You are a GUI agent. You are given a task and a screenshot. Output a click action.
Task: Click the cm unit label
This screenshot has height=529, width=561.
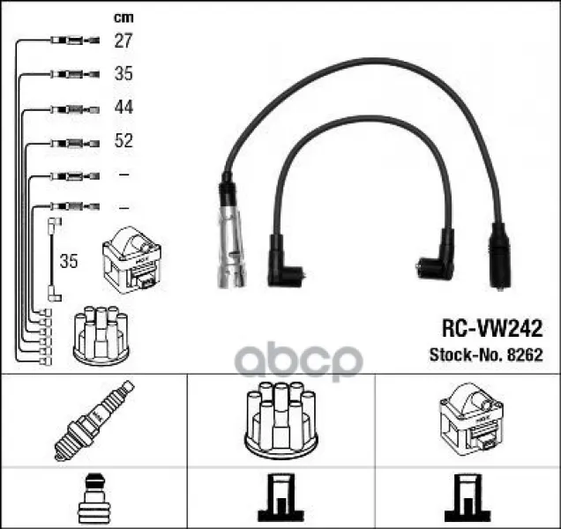123,18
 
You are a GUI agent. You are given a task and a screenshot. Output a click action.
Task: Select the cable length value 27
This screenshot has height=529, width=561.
123,41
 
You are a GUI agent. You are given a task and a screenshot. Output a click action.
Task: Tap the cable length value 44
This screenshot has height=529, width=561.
123,107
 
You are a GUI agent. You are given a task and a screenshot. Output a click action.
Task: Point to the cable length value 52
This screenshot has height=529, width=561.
123,140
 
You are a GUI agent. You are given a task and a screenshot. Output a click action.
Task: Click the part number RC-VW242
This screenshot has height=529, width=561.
492,328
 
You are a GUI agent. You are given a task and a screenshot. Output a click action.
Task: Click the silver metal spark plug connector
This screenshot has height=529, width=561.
232,247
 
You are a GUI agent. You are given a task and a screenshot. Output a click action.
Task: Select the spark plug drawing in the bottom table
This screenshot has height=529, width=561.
94,421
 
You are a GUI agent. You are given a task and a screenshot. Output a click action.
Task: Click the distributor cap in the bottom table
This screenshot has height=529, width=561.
281,421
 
